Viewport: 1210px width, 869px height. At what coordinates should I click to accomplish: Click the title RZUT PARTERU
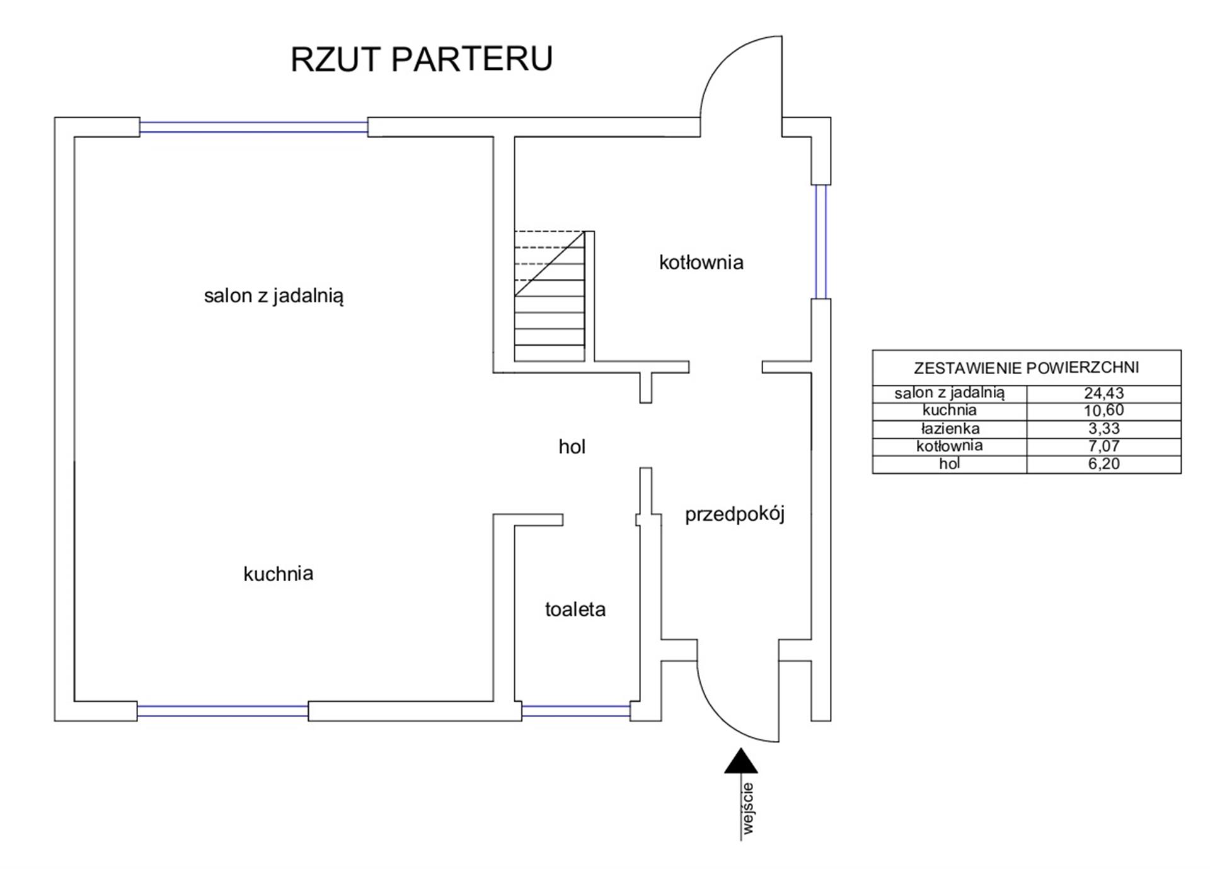(421, 59)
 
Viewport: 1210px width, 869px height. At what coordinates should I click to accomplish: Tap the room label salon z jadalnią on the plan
(274, 296)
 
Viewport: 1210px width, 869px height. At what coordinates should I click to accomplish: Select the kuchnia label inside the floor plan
(278, 574)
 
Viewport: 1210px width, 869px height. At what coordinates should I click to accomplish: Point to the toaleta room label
(575, 610)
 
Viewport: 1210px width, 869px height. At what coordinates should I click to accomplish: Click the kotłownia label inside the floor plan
(701, 262)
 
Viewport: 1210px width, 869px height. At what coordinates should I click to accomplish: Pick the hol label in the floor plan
(572, 446)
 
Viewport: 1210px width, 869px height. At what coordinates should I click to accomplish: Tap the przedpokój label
(734, 514)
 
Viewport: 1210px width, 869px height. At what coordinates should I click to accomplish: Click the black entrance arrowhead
(740, 761)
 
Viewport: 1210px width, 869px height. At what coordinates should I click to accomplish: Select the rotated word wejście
(747, 809)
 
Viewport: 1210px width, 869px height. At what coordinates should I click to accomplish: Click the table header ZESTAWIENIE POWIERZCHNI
(1026, 368)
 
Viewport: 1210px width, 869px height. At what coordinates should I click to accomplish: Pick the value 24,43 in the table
(1103, 393)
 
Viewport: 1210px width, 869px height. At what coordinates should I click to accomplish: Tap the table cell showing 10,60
(1103, 411)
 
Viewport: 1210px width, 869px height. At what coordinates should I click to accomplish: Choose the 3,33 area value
(1103, 429)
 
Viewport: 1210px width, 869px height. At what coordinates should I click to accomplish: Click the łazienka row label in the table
(950, 429)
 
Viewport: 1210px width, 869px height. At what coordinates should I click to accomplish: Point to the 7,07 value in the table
(1103, 446)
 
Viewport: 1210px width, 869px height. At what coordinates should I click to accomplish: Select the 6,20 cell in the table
(1103, 464)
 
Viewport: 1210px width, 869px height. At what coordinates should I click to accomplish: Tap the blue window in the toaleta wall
(575, 711)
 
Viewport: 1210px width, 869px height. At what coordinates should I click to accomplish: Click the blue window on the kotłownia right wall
(821, 241)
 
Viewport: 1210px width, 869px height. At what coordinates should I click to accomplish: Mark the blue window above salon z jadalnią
(253, 127)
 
